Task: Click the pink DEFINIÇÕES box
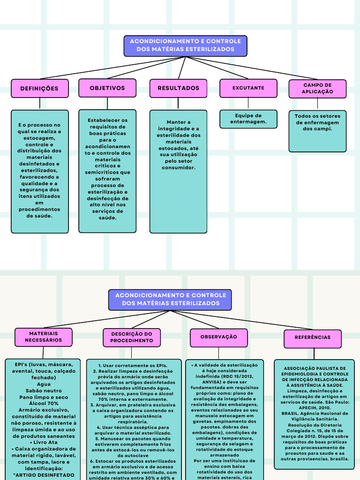[x=39, y=88]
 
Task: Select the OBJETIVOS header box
[x=107, y=88]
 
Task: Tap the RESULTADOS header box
[x=178, y=88]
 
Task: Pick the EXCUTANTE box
[x=248, y=88]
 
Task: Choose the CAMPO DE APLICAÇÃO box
[x=317, y=89]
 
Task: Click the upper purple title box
[x=185, y=45]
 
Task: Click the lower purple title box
[x=171, y=300]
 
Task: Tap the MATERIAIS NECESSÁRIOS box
[x=43, y=337]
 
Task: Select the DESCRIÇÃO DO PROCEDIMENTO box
[x=132, y=337]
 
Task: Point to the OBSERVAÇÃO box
[x=218, y=337]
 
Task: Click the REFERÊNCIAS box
[x=312, y=337]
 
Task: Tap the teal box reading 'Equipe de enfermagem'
[x=248, y=119]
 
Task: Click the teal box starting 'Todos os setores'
[x=317, y=130]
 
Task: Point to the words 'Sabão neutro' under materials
[x=44, y=390]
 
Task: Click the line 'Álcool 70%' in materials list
[x=44, y=403]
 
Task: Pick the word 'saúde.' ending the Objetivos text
[x=107, y=217]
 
